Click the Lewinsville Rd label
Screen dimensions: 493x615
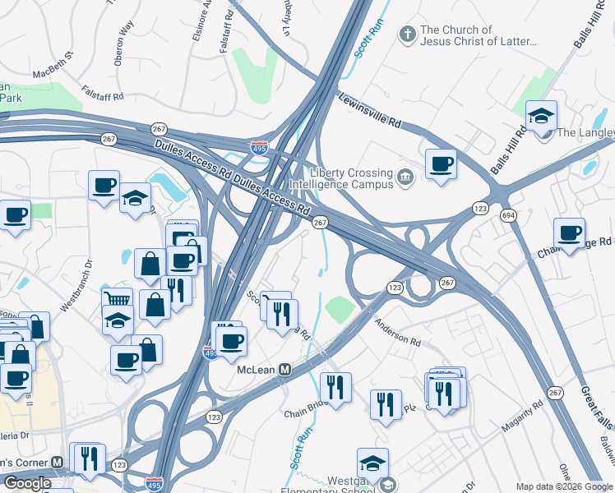[x=369, y=109]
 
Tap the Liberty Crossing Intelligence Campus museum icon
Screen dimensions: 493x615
[x=405, y=177]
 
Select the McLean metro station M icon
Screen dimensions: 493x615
[x=285, y=370]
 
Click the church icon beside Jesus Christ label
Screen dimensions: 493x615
[x=405, y=35]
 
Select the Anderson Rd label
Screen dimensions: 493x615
[x=397, y=333]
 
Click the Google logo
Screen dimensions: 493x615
[x=27, y=482]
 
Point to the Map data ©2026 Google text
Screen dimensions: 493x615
[x=563, y=486]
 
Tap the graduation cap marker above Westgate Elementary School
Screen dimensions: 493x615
[x=372, y=463]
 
